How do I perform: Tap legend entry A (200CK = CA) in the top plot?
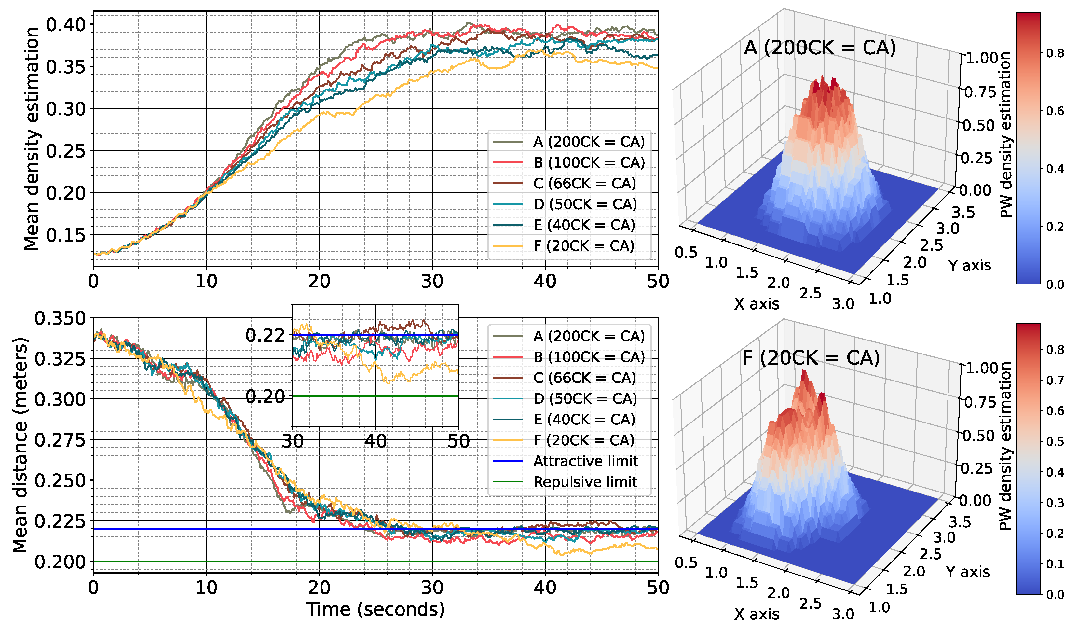tap(589, 142)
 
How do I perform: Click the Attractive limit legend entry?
tap(585, 461)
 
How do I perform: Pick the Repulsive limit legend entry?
tap(585, 482)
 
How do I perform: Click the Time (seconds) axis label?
tap(375, 610)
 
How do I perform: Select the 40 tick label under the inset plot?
tap(375, 441)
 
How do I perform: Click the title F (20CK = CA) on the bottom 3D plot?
tap(811, 358)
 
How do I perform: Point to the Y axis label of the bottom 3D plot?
tap(968, 572)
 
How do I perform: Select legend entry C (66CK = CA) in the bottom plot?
tap(584, 378)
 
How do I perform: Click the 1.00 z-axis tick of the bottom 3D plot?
tap(982, 368)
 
